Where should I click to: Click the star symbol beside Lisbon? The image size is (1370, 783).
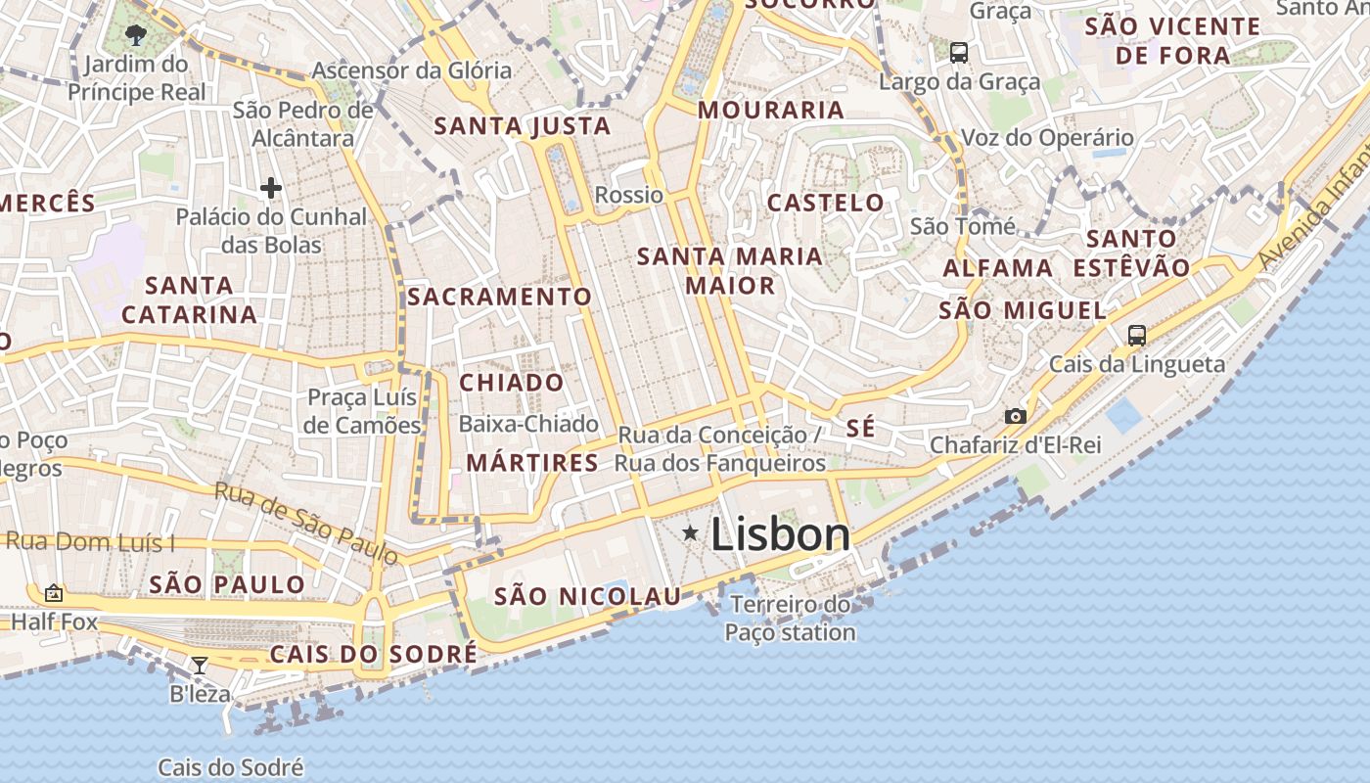(x=691, y=533)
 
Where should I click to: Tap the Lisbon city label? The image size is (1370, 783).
(x=780, y=534)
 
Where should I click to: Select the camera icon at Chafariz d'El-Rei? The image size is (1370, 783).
(x=1016, y=416)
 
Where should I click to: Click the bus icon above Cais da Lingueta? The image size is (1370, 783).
(x=1136, y=336)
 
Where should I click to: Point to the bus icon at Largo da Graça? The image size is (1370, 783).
(x=959, y=53)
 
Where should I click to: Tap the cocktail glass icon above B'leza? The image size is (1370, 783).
(x=200, y=666)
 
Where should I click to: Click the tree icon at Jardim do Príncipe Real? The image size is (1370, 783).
(x=136, y=36)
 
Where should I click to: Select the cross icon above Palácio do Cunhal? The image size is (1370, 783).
(x=271, y=187)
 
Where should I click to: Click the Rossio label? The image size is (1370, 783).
(x=628, y=195)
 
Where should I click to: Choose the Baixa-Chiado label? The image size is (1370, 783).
(x=528, y=424)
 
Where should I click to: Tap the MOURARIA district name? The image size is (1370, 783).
(x=771, y=110)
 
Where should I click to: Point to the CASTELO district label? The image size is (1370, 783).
(x=825, y=203)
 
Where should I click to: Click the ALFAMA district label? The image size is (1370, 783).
(x=997, y=267)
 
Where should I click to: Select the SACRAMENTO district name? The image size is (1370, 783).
(x=499, y=297)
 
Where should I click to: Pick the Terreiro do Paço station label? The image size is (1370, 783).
(x=791, y=619)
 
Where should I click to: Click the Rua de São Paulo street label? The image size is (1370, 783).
(x=306, y=524)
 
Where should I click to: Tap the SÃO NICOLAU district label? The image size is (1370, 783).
(x=587, y=596)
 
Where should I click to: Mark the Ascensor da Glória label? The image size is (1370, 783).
(x=411, y=70)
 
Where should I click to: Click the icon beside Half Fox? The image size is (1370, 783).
(x=54, y=593)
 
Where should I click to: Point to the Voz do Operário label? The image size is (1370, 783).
(x=1047, y=138)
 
